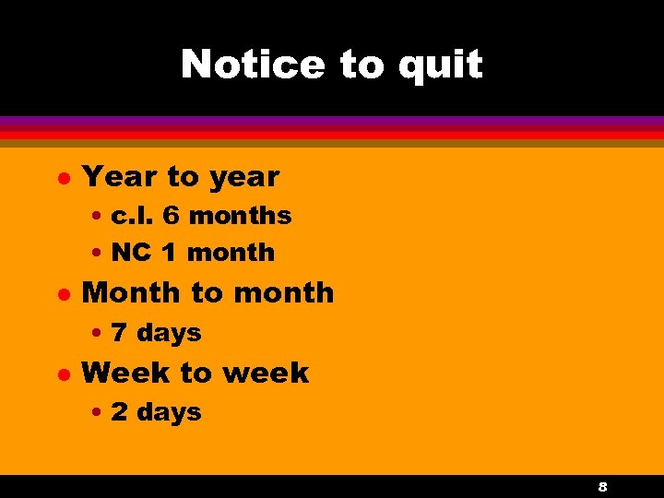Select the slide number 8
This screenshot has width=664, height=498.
click(x=602, y=486)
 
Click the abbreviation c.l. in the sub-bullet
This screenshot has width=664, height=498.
click(x=133, y=216)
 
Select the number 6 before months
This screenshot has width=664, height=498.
click(x=171, y=216)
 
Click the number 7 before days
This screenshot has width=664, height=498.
click(x=120, y=332)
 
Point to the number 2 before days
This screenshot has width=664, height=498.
click(x=120, y=412)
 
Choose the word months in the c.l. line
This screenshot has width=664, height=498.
click(x=239, y=216)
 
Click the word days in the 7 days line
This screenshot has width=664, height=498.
click(x=168, y=333)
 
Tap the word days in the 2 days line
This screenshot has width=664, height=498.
click(x=168, y=413)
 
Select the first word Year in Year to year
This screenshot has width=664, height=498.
click(x=117, y=175)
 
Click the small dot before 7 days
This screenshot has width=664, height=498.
click(x=97, y=333)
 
